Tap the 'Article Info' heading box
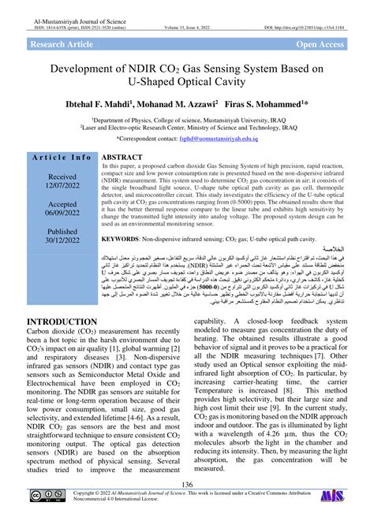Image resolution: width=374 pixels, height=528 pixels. (x=62, y=158)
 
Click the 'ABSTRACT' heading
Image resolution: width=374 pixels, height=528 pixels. (x=122, y=158)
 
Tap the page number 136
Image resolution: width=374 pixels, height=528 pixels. (x=187, y=485)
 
